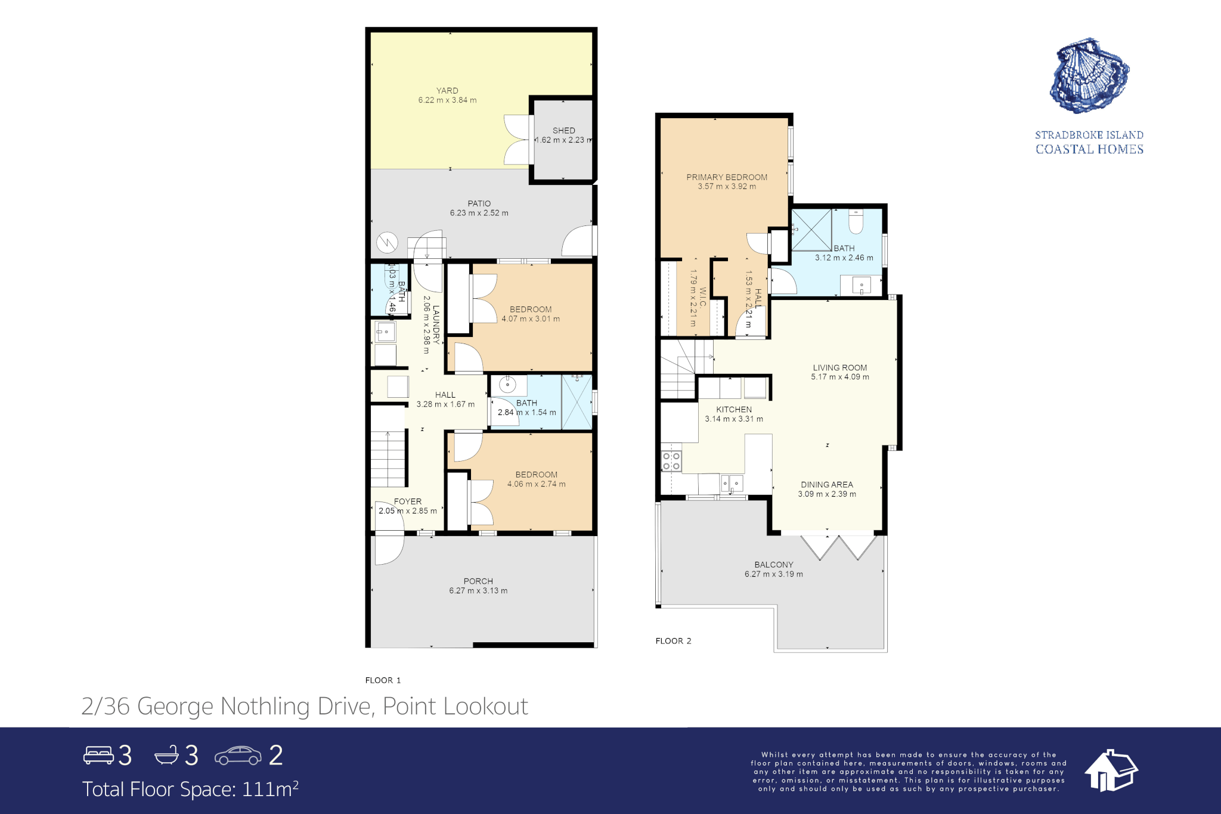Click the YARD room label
pyautogui.click(x=447, y=91)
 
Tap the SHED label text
pyautogui.click(x=564, y=131)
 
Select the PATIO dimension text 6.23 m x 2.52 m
pyautogui.click(x=479, y=213)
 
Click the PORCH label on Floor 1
pyautogui.click(x=478, y=581)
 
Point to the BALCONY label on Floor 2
pyautogui.click(x=774, y=565)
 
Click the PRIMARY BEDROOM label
pyautogui.click(x=727, y=177)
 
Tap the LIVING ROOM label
pyautogui.click(x=840, y=368)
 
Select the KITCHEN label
pyautogui.click(x=734, y=410)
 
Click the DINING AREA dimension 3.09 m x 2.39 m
pyautogui.click(x=827, y=494)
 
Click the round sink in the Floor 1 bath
pyautogui.click(x=507, y=385)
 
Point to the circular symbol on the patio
pyautogui.click(x=388, y=243)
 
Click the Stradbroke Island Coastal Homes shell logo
pyautogui.click(x=1089, y=76)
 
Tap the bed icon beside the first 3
pyautogui.click(x=98, y=755)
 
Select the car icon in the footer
pyautogui.click(x=238, y=756)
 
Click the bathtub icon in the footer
pyautogui.click(x=166, y=755)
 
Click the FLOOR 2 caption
pyautogui.click(x=673, y=641)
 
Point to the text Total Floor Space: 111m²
pyautogui.click(x=190, y=789)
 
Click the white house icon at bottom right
pyautogui.click(x=1111, y=770)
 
